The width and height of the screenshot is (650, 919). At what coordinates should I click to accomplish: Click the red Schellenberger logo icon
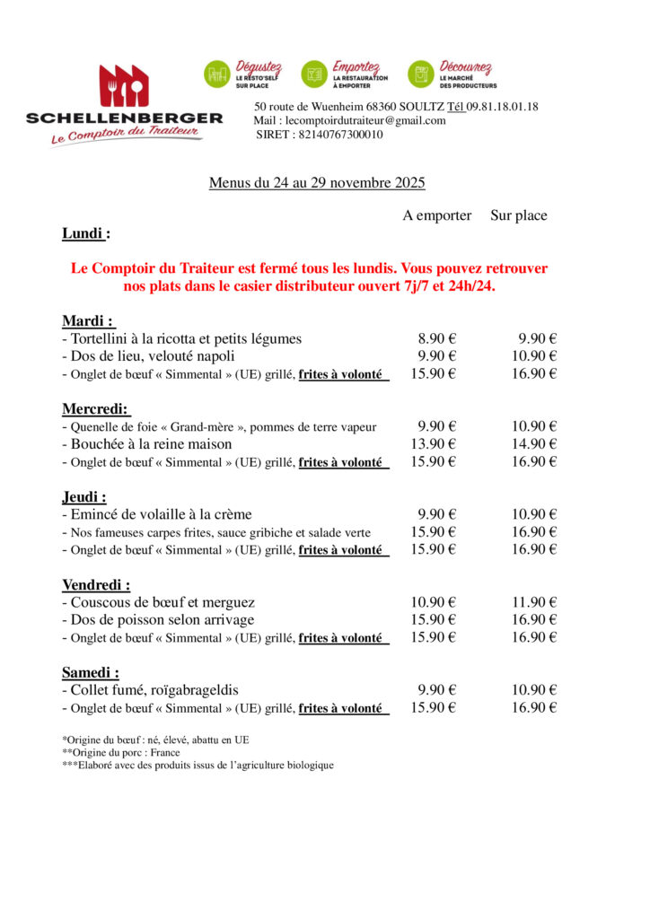click(x=124, y=85)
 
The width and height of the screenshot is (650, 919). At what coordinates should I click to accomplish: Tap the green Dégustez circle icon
click(x=217, y=74)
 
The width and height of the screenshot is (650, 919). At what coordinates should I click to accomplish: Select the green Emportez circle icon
click(x=314, y=74)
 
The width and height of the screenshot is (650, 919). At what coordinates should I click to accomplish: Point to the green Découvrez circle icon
click(x=421, y=74)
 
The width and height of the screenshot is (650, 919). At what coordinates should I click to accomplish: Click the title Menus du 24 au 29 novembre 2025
click(x=317, y=183)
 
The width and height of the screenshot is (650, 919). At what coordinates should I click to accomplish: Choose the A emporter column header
click(x=436, y=215)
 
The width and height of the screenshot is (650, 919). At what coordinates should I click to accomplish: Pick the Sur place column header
click(x=518, y=215)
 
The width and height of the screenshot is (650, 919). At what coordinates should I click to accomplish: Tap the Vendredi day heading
click(x=95, y=584)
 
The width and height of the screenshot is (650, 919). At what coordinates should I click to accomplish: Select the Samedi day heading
click(x=91, y=672)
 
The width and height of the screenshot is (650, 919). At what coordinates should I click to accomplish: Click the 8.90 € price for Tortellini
click(x=437, y=338)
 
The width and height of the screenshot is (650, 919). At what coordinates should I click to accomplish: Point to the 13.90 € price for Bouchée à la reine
click(x=434, y=443)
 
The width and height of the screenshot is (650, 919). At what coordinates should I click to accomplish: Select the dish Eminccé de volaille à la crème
click(x=157, y=514)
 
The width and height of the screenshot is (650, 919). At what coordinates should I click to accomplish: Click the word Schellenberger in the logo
click(x=124, y=118)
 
